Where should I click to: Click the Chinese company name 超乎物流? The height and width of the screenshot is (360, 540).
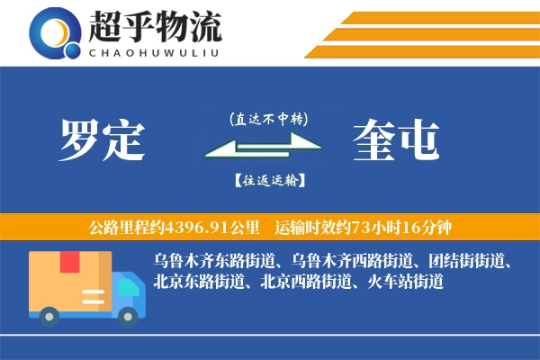(x=154, y=27)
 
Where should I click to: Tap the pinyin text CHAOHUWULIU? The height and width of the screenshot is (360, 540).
(x=154, y=51)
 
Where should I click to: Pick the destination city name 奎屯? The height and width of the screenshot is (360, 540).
(x=397, y=141)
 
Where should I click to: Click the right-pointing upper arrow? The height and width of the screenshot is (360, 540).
(x=270, y=139)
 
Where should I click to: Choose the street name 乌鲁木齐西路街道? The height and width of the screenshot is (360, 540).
(x=356, y=261)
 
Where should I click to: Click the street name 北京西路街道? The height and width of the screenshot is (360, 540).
(x=308, y=282)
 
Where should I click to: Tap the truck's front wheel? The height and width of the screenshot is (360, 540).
(x=129, y=314)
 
